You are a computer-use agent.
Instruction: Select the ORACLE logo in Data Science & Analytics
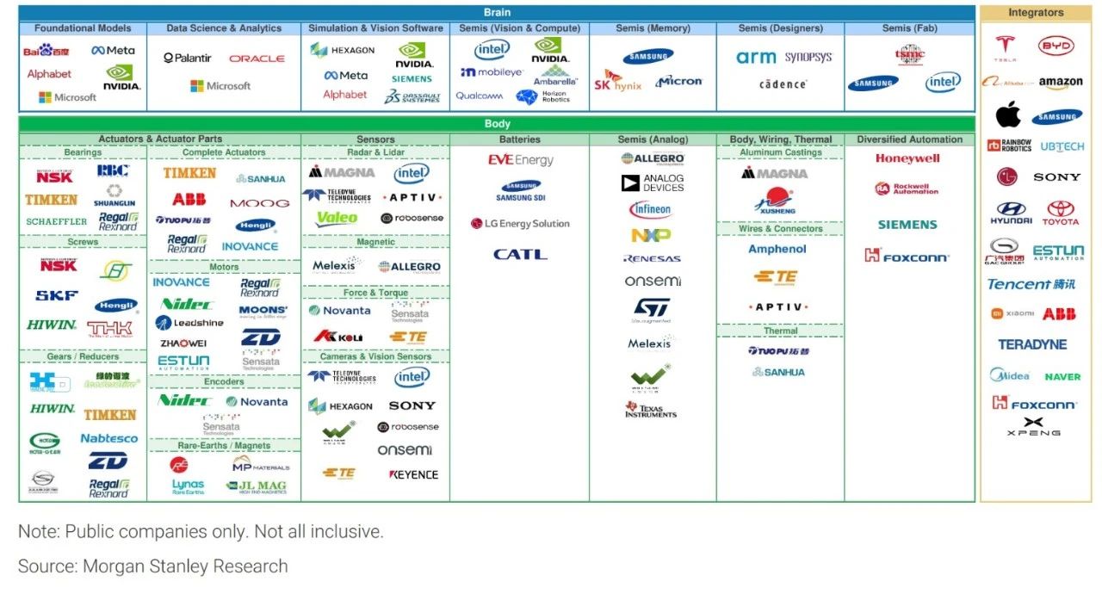[257, 59]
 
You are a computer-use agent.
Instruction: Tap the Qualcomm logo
[480, 96]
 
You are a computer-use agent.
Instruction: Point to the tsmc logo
[910, 55]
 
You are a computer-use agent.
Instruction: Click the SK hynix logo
[617, 82]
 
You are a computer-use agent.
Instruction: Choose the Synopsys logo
[808, 58]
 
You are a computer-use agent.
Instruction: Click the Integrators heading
[1036, 13]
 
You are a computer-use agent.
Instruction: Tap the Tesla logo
[1005, 48]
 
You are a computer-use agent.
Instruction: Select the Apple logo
[1008, 114]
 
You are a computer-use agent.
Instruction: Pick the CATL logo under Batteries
[520, 255]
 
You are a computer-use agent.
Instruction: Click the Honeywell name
[907, 158]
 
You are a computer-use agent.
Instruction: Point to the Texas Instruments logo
[651, 410]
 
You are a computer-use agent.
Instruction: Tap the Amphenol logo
[777, 249]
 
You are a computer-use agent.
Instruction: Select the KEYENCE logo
[413, 474]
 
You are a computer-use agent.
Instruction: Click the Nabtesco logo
[109, 438]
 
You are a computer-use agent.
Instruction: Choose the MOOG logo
[259, 204]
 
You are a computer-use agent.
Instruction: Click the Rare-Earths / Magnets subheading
[224, 445]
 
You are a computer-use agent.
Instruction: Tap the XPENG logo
[1033, 426]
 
